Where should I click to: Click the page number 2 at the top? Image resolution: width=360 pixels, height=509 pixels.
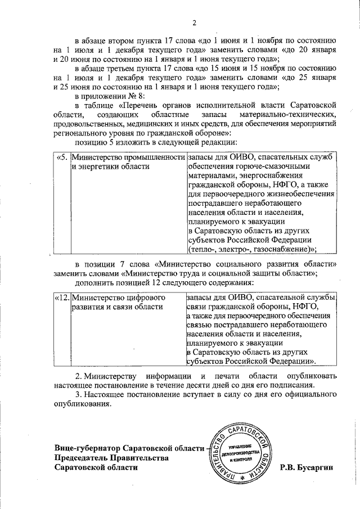click(194, 22)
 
